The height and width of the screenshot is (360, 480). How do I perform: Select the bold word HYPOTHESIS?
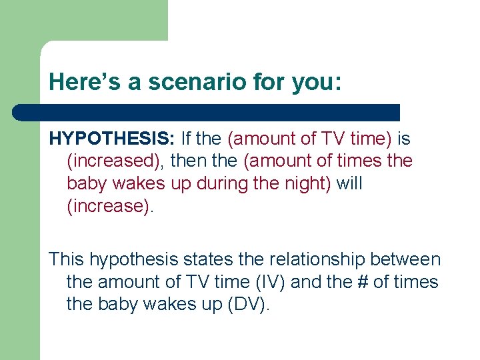pyautogui.click(x=111, y=139)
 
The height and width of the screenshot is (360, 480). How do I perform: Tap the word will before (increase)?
pyautogui.click(x=349, y=183)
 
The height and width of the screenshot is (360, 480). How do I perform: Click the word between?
pyautogui.click(x=409, y=259)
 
